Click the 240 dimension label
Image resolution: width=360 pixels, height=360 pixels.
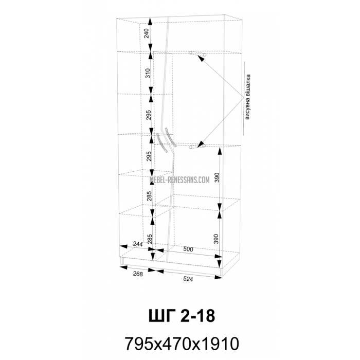[x=147, y=33]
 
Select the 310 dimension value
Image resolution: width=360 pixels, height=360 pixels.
[x=148, y=73]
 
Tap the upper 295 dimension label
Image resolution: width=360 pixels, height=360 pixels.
[x=148, y=115]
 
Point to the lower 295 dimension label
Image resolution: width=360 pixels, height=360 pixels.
[x=149, y=156]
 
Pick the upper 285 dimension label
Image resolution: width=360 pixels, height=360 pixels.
[x=149, y=196]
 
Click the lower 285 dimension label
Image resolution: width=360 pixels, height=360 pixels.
[x=150, y=239]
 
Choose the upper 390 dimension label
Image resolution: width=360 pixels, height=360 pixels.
[x=217, y=177]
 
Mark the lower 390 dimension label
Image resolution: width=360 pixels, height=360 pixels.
[x=217, y=239]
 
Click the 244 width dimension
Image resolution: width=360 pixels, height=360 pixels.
[x=138, y=244]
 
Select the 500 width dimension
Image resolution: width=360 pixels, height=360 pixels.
[x=188, y=249]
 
